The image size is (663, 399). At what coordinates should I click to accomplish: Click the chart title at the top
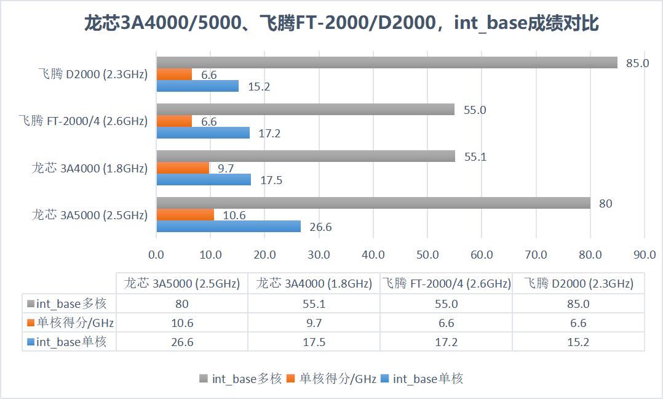pyautogui.click(x=341, y=24)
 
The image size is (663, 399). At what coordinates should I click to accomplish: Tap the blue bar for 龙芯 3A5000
pyautogui.click(x=228, y=227)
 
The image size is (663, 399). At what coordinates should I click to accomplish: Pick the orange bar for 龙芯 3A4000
pyautogui.click(x=183, y=168)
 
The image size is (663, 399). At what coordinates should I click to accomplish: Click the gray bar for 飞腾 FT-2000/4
pyautogui.click(x=305, y=110)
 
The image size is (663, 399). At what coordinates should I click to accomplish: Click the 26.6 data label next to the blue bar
pyautogui.click(x=320, y=227)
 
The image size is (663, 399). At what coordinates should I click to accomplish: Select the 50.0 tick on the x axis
pyautogui.click(x=427, y=254)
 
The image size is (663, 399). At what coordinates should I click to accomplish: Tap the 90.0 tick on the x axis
pyautogui.click(x=644, y=254)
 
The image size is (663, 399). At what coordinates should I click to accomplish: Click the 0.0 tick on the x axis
pyautogui.click(x=157, y=254)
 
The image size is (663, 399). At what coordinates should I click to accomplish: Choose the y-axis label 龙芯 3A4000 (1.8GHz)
pyautogui.click(x=90, y=168)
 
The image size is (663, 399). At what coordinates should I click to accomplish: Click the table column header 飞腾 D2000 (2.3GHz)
pyautogui.click(x=578, y=284)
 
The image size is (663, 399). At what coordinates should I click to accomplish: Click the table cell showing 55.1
pyautogui.click(x=314, y=304)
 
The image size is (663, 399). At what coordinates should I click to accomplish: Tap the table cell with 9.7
pyautogui.click(x=314, y=323)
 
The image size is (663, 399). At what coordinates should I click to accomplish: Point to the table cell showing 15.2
pyautogui.click(x=578, y=342)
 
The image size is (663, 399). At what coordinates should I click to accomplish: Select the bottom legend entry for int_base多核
pyautogui.click(x=241, y=379)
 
